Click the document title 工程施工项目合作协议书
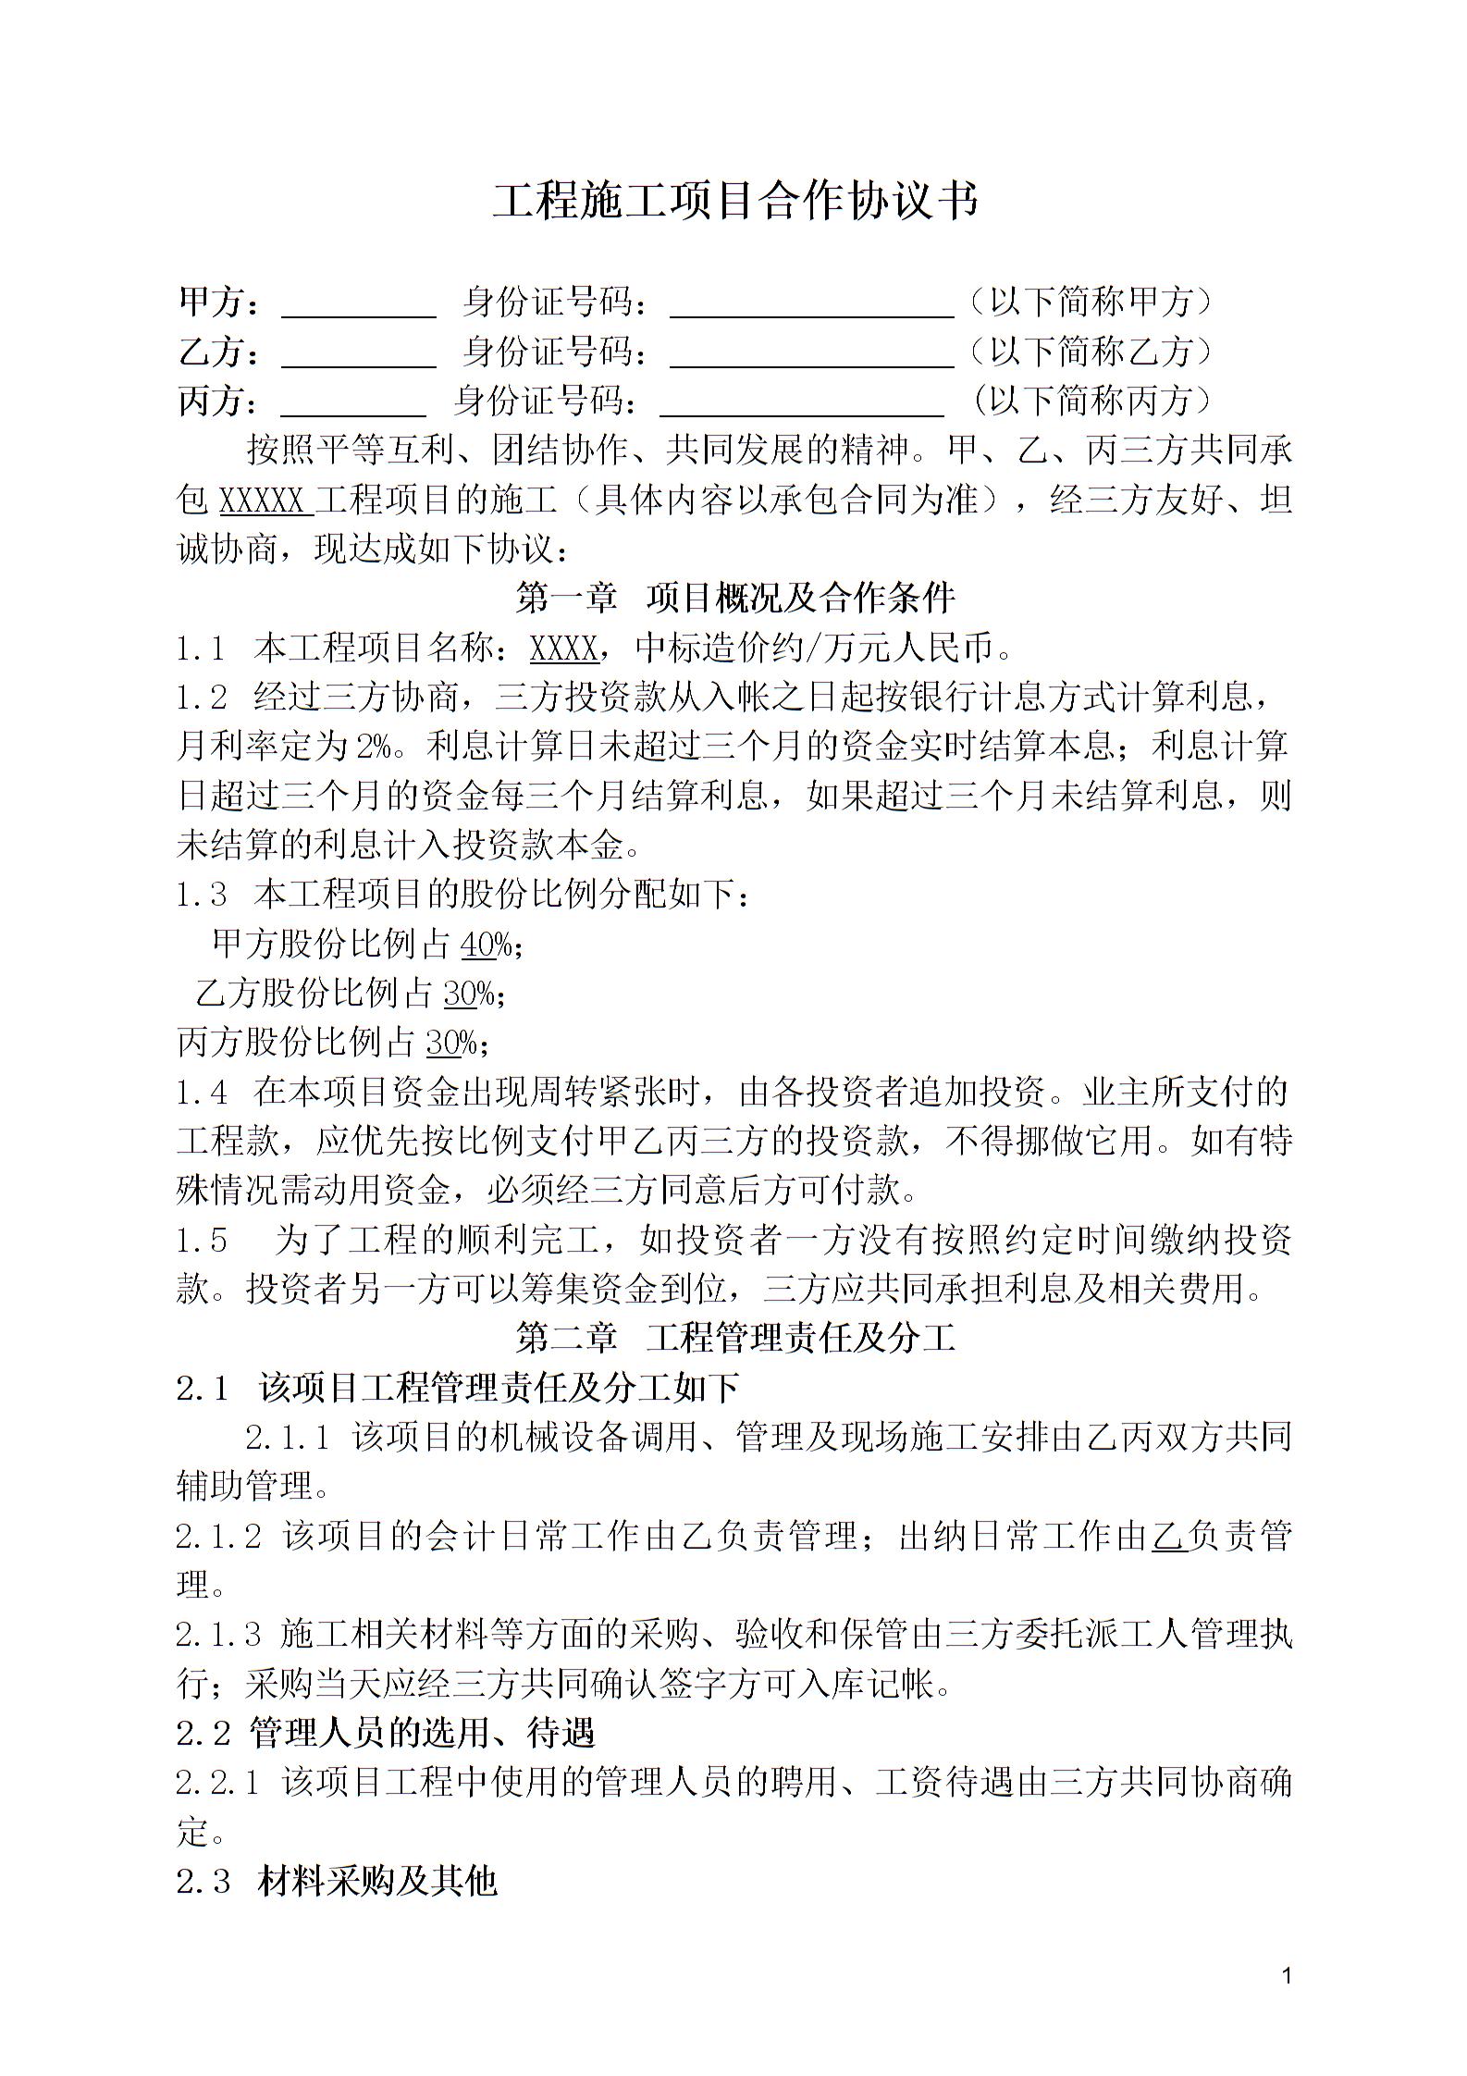(734, 200)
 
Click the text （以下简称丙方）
(1091, 401)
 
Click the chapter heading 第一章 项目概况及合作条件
(734, 599)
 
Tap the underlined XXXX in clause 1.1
(563, 649)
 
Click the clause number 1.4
(202, 1094)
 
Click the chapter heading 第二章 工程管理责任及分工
(734, 1338)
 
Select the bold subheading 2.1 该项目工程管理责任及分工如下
(458, 1388)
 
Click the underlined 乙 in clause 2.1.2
(1169, 1537)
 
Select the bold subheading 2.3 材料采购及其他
(338, 1882)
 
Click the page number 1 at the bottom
(1287, 1976)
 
